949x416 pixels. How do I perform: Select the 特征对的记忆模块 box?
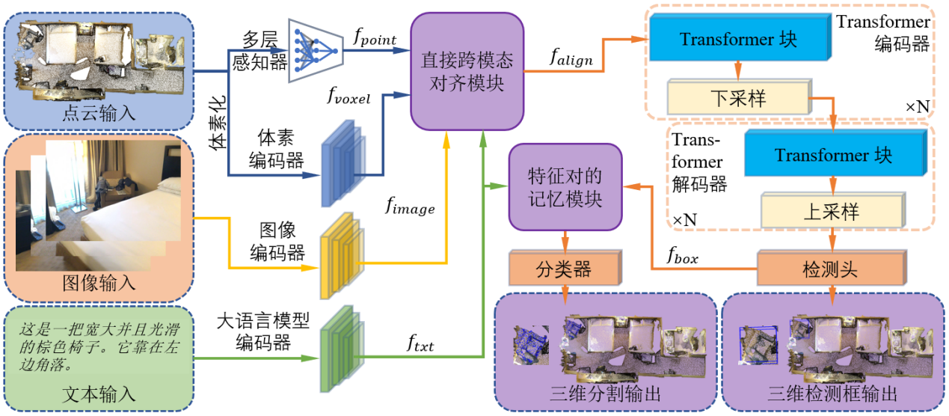point(565,187)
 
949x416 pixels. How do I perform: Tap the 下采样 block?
point(737,98)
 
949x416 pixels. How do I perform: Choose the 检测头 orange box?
point(831,268)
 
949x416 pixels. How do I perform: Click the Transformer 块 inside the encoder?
point(737,39)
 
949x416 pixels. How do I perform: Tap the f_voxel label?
point(348,95)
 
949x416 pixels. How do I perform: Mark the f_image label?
point(409,207)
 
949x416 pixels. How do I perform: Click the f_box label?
point(682,256)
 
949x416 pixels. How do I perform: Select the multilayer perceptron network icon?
point(315,49)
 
